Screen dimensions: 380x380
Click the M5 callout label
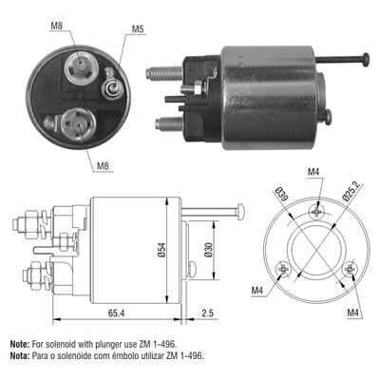tap(138, 29)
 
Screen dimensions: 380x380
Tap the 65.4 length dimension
tap(117, 313)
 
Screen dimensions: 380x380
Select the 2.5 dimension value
tap(208, 313)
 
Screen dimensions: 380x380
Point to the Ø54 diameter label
tap(161, 250)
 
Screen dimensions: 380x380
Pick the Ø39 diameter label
tap(279, 194)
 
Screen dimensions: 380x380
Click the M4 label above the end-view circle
tap(313, 172)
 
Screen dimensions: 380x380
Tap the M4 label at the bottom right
tap(353, 313)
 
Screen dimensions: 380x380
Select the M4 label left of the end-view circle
tap(257, 291)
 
